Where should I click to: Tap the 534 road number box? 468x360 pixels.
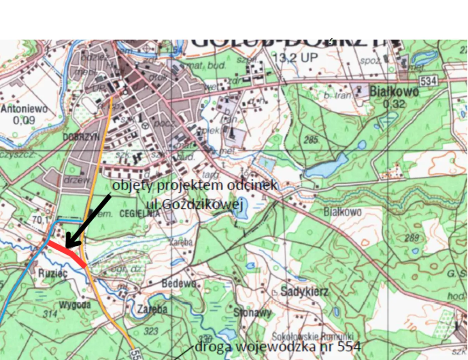(x=429, y=81)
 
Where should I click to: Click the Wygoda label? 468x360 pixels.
(x=75, y=305)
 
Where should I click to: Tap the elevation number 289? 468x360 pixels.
(x=412, y=238)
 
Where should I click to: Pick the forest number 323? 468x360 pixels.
(x=151, y=332)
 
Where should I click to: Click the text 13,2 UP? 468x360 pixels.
(x=295, y=58)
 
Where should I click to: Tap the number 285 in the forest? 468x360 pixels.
(x=313, y=140)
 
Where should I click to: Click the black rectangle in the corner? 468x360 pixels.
(x=456, y=19)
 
